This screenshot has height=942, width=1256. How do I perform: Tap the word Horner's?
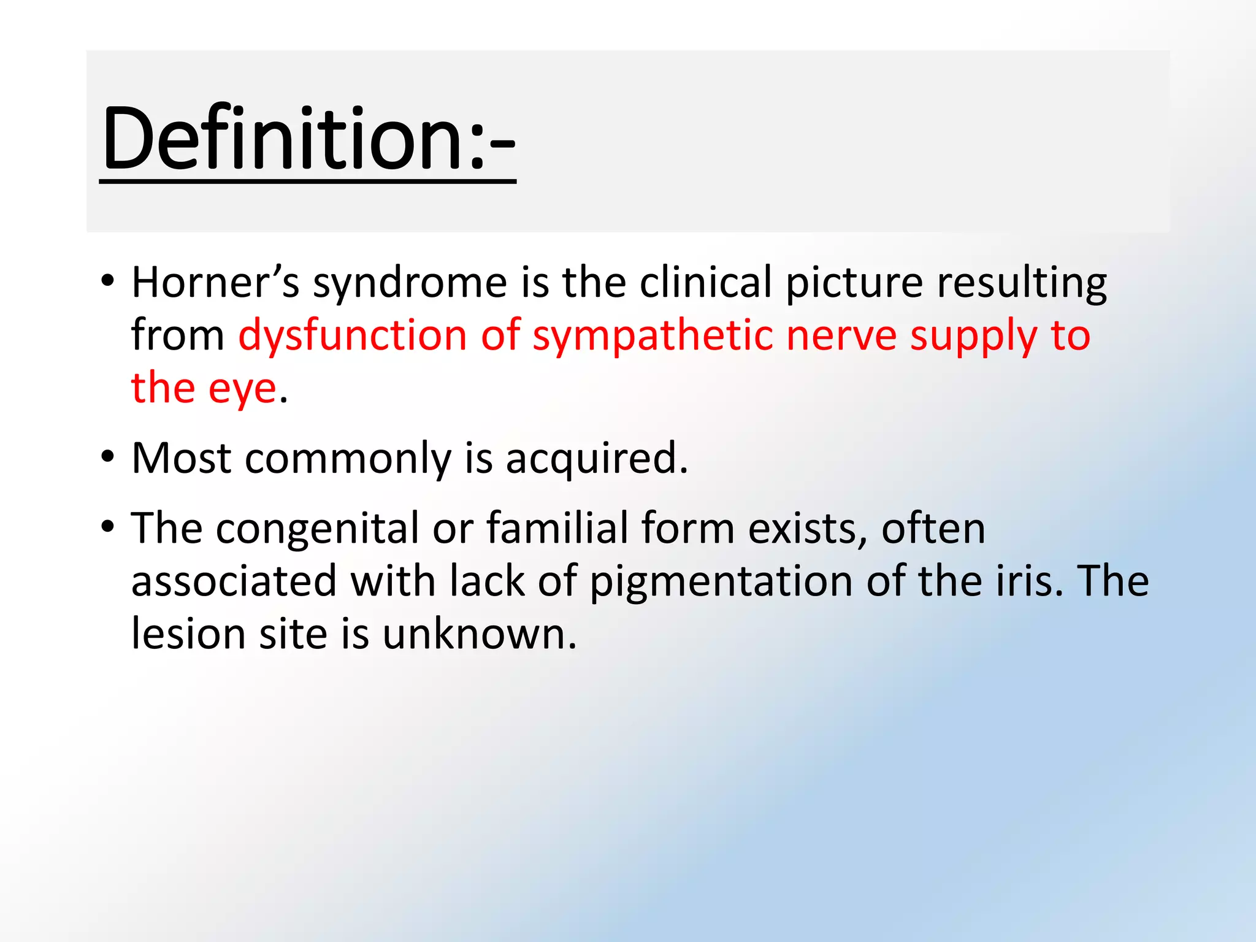point(215,283)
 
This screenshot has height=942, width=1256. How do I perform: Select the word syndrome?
point(410,284)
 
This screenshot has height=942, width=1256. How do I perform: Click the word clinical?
point(705,283)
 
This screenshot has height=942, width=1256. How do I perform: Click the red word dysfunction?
point(353,336)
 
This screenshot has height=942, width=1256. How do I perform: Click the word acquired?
point(596,459)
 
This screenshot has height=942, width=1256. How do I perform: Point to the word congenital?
point(317,529)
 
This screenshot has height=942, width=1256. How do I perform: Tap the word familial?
point(557,528)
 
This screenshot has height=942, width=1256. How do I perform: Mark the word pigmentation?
point(721,582)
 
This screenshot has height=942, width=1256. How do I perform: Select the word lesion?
point(188,634)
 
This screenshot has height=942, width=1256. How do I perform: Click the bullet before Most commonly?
point(108,458)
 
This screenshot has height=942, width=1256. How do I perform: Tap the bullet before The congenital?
point(108,527)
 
